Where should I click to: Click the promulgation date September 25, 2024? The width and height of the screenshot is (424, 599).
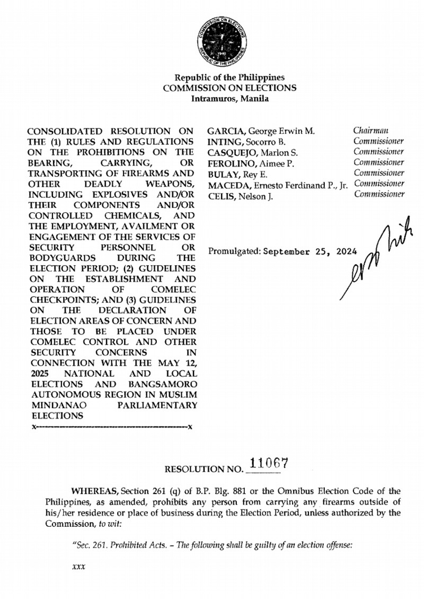point(308,251)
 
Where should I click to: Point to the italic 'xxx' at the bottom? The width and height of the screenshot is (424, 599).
point(78,567)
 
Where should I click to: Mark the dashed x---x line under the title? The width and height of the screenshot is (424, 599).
point(112,427)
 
